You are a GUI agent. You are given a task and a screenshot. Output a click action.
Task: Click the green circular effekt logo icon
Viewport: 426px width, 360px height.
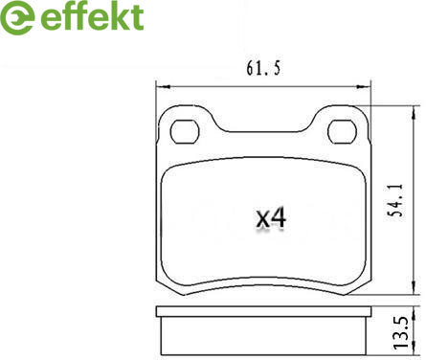(17, 17)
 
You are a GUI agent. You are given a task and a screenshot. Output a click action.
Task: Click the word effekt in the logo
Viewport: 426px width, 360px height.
(93, 16)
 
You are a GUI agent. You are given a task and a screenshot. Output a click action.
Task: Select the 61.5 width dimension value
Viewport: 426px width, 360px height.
(263, 68)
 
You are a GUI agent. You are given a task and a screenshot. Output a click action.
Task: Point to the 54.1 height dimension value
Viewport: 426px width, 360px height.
(395, 201)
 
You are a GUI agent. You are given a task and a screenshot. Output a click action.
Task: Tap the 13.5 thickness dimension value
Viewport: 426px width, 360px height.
(400, 332)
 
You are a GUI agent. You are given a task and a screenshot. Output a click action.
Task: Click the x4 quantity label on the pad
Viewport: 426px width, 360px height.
(271, 218)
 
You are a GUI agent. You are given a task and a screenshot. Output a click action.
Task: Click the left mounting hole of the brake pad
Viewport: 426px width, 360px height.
(185, 132)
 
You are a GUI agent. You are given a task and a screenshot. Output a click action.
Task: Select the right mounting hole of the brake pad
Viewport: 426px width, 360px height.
(342, 132)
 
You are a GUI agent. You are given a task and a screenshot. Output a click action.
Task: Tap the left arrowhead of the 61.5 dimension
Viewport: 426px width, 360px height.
(164, 86)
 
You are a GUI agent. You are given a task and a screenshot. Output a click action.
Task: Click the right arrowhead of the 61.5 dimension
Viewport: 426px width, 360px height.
(363, 86)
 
